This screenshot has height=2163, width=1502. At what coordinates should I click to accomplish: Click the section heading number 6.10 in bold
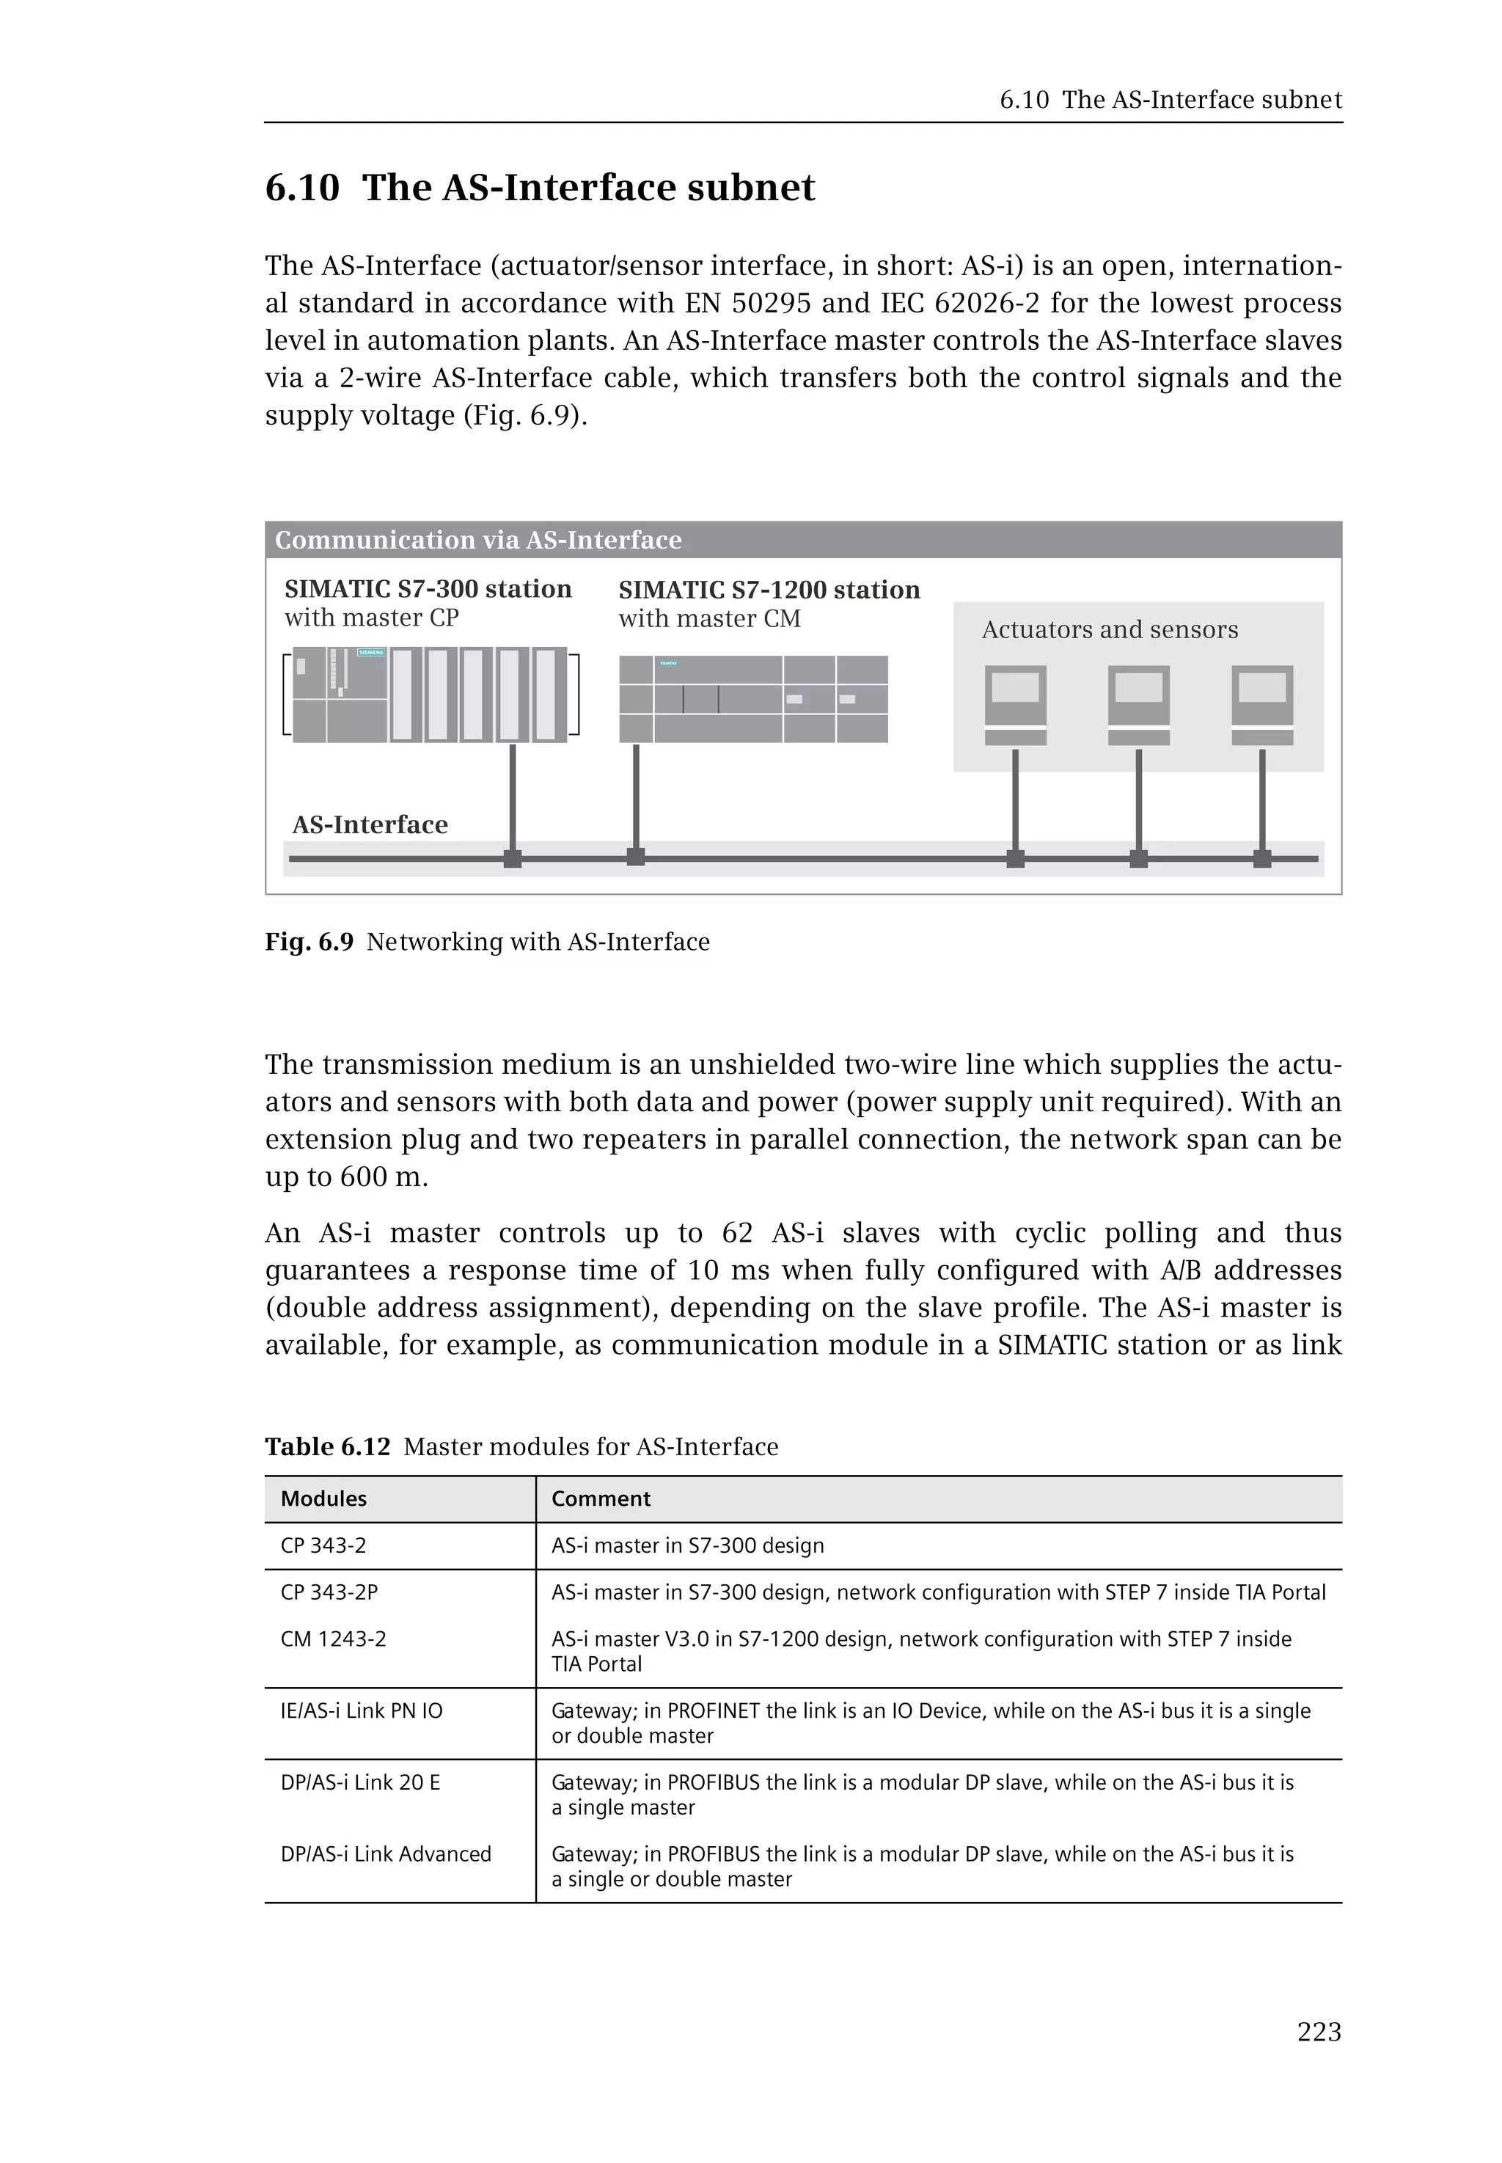point(302,187)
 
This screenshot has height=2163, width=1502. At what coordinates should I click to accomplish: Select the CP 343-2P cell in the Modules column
point(329,1592)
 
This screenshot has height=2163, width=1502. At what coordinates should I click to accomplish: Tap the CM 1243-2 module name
point(333,1639)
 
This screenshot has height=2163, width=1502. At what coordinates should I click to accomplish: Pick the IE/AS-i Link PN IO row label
point(362,1710)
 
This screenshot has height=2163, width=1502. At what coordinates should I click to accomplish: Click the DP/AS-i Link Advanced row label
point(386,1853)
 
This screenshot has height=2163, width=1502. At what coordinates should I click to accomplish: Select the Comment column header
point(601,1498)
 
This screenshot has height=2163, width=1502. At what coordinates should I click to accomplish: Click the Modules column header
point(323,1498)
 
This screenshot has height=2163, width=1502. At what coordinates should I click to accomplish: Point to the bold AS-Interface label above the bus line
point(370,824)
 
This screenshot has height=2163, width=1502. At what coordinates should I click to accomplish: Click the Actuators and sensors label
point(1110,630)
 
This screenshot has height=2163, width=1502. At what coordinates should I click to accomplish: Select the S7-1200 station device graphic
point(753,699)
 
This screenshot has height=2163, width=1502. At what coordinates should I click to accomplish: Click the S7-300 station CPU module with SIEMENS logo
point(340,695)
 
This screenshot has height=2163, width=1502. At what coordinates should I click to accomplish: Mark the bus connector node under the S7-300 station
point(512,858)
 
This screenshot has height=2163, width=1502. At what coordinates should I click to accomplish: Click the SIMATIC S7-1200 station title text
point(769,590)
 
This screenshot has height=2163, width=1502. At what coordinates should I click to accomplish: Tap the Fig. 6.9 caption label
point(309,943)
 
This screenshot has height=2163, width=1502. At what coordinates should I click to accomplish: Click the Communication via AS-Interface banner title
point(478,541)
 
